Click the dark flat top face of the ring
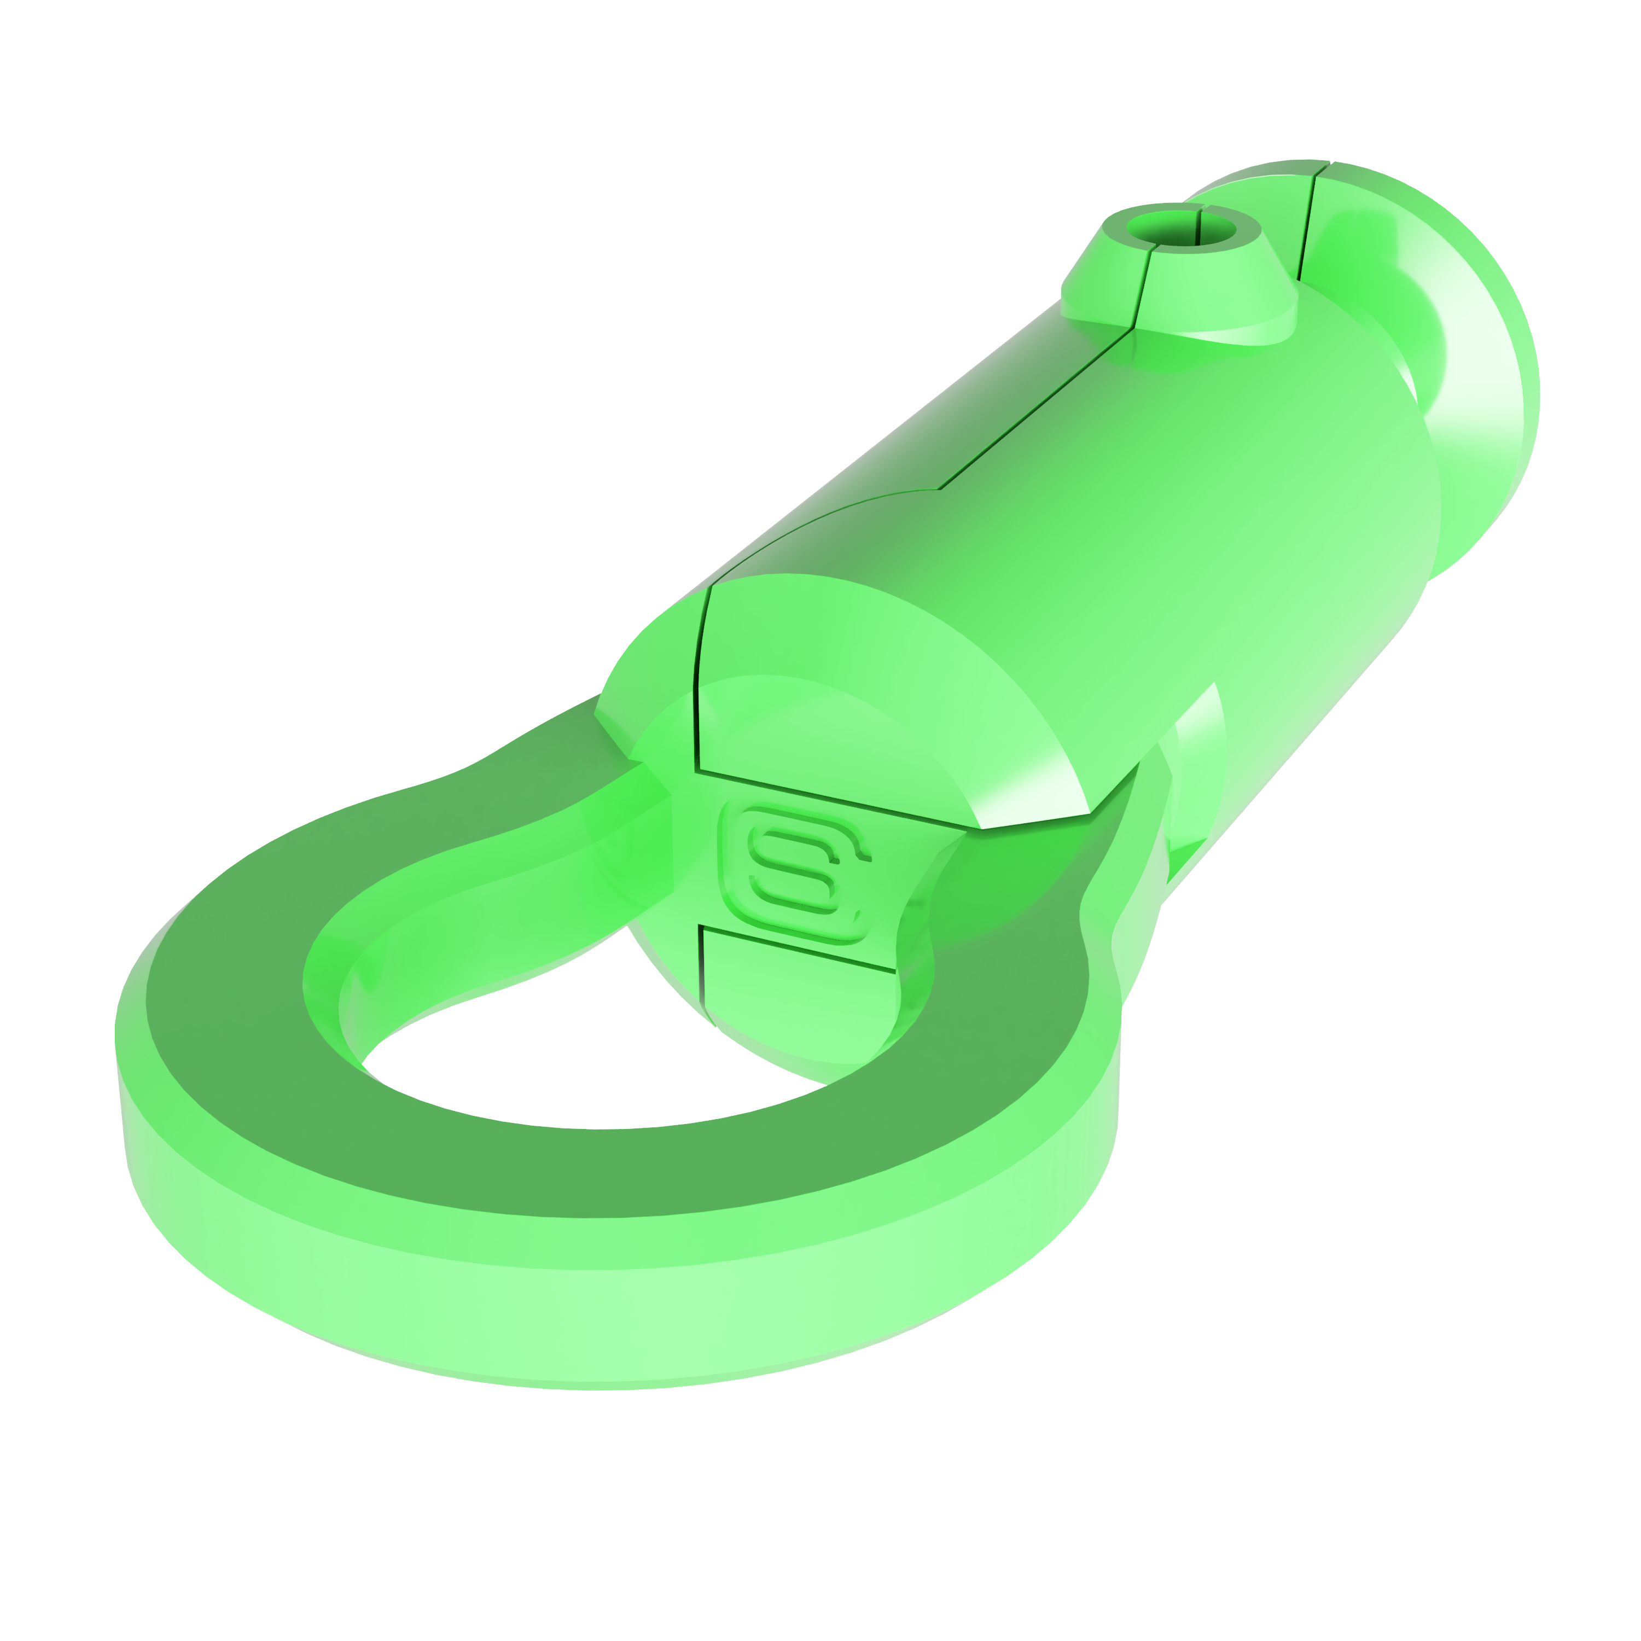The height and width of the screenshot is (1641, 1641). click(x=595, y=1172)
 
